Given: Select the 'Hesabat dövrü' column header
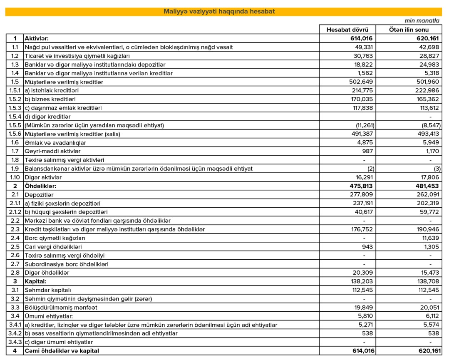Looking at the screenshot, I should coord(347,30).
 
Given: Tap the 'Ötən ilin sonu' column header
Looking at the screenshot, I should coord(409,30).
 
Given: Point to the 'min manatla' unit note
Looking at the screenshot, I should coord(422,20).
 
